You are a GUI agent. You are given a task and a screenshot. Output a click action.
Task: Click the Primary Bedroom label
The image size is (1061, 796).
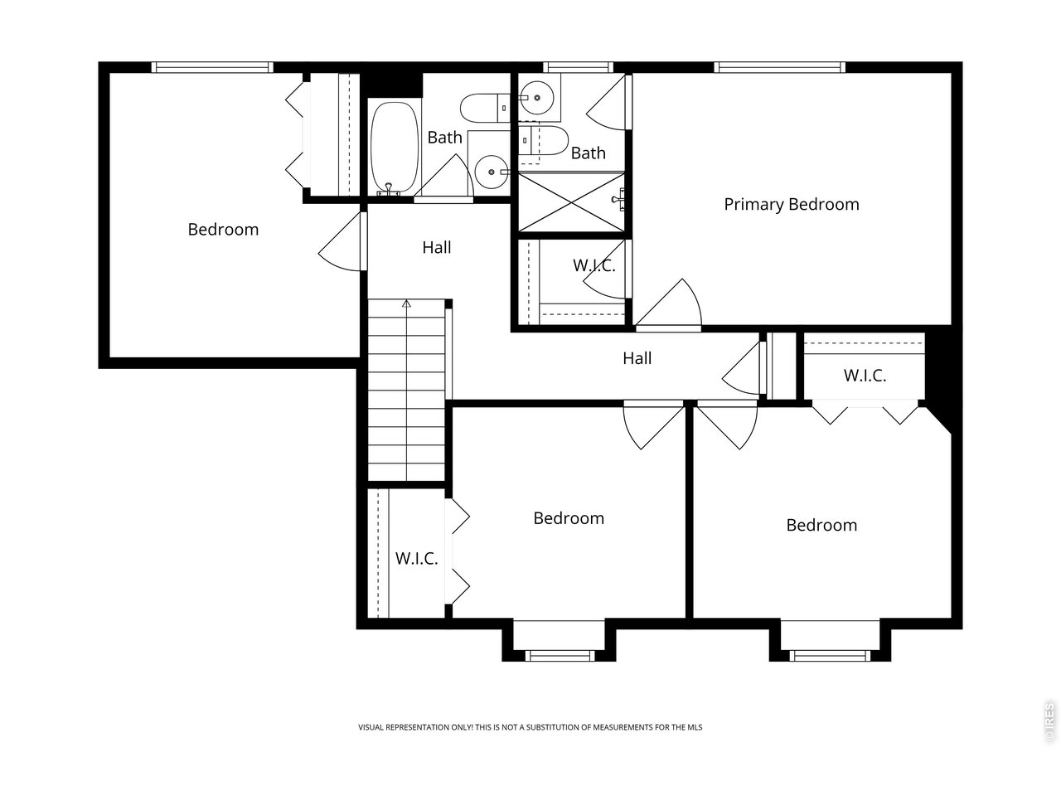click(x=792, y=205)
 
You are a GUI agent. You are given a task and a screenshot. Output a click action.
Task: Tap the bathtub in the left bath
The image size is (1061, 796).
click(x=394, y=148)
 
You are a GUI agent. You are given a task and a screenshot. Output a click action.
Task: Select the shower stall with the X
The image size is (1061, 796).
click(x=571, y=202)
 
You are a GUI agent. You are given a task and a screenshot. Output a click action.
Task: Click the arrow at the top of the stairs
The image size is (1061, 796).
click(x=406, y=304)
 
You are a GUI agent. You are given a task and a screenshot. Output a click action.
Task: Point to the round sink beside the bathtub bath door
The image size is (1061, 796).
click(x=491, y=172)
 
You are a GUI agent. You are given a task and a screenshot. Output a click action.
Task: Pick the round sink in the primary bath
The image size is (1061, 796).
click(x=536, y=98)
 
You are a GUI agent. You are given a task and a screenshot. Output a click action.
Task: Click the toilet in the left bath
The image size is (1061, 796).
click(x=484, y=109)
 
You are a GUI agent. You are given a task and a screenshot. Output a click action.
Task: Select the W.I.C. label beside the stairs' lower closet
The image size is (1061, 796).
click(x=416, y=558)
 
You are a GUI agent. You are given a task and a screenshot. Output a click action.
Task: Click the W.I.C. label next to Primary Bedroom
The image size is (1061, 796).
click(x=594, y=265)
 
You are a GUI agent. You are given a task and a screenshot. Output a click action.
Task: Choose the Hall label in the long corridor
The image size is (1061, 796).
click(x=637, y=358)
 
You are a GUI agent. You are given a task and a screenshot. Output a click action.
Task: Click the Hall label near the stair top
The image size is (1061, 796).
click(x=437, y=247)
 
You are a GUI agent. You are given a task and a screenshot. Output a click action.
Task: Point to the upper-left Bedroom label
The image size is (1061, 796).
click(x=223, y=229)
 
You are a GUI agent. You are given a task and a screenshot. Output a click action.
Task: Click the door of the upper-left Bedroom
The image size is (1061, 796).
click(x=339, y=241)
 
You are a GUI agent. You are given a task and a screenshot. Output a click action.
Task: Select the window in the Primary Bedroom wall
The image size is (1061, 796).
click(x=780, y=67)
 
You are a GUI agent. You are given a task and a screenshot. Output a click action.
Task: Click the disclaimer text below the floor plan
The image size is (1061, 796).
click(x=530, y=727)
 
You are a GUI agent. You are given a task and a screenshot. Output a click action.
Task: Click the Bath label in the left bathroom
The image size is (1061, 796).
click(x=444, y=138)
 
